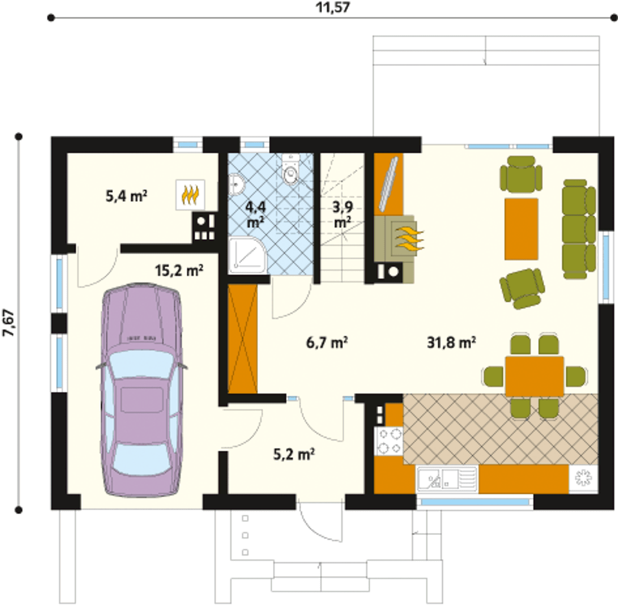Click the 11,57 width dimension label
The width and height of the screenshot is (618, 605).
click(333, 7)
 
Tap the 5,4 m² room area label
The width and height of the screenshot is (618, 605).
click(126, 196)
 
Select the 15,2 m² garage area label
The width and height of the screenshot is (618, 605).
click(179, 270)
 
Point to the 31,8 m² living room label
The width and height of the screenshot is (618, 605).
click(451, 343)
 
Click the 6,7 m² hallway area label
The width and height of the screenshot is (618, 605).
click(327, 343)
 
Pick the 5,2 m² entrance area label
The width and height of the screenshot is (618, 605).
click(294, 454)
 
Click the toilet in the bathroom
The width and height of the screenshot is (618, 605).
click(291, 170)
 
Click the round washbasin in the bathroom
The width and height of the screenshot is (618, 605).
click(237, 184)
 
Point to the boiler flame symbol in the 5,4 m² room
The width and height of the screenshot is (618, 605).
click(190, 195)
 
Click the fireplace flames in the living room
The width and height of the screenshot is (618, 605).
click(409, 239)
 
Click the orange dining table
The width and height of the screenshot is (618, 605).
click(534, 376)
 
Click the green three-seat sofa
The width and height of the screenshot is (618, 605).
click(579, 229)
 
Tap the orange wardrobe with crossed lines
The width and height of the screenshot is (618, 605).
click(242, 339)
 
